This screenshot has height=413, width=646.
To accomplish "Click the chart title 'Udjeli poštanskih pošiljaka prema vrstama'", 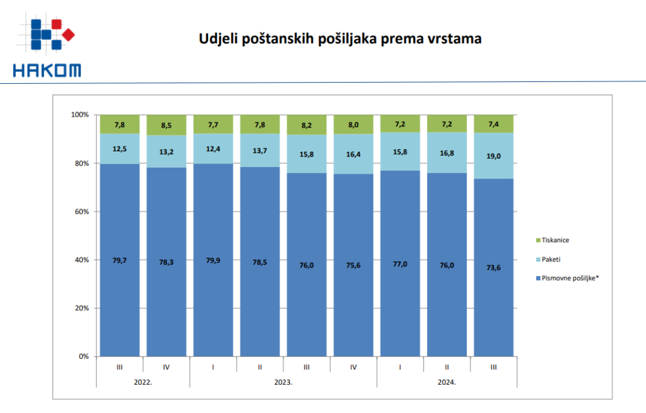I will point(340,39).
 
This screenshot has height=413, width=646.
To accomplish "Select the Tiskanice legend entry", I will point(556,240).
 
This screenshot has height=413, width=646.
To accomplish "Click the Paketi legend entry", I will point(551,259).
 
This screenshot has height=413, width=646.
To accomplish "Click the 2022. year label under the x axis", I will point(143,382).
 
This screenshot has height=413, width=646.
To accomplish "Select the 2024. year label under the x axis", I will point(447,382).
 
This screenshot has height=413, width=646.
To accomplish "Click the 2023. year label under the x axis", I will point(283,382).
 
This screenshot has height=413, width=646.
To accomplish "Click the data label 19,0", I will point(493,156).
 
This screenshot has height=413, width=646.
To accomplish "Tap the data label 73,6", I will point(493,265).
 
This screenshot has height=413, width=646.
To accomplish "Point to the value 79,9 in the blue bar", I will point(213,260).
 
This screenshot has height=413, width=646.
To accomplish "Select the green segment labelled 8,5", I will point(167,125).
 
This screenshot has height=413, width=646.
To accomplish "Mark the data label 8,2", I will point(307,125).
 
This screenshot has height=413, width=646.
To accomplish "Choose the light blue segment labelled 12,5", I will point(120,149).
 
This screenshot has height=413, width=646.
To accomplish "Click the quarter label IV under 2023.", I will point(353,366).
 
